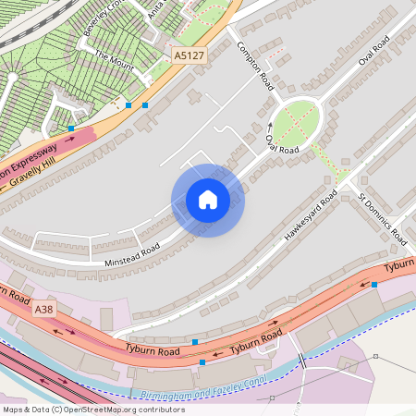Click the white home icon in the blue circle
coord(208,200)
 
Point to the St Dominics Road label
coord(382,219)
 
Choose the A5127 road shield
coord(190,57)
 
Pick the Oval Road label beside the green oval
coord(282,144)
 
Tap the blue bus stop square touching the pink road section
coord(71,128)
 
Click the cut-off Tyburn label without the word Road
coord(399,265)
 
